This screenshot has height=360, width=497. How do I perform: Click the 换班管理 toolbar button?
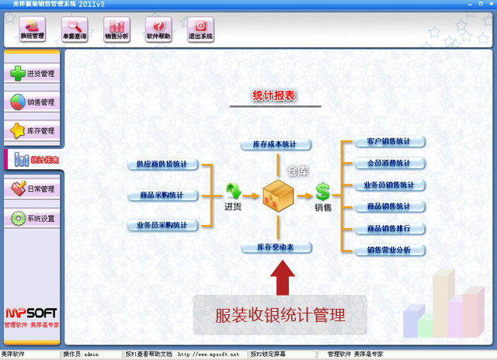[x=33, y=29]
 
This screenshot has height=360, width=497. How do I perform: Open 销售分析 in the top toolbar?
[x=116, y=29]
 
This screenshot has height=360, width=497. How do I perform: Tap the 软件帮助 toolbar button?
[x=158, y=29]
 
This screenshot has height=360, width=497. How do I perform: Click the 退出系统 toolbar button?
[x=200, y=29]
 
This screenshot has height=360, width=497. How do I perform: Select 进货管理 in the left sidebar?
[x=32, y=74]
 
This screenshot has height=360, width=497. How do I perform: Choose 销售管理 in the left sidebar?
[x=32, y=102]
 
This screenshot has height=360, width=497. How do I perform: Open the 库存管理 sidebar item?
[x=32, y=130]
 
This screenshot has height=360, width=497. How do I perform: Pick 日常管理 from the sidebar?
[x=32, y=189]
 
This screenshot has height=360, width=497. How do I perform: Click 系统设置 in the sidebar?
[x=32, y=219]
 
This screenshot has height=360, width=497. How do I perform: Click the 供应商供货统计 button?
[x=162, y=164]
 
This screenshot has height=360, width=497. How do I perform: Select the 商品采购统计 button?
[x=162, y=195]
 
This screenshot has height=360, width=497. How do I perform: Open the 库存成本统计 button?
[x=276, y=144]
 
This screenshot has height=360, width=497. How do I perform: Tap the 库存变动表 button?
[x=276, y=247]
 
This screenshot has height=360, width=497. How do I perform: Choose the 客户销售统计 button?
[x=388, y=142]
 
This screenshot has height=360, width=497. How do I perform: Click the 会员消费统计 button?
[x=388, y=164]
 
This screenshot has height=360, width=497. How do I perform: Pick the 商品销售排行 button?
[x=388, y=229]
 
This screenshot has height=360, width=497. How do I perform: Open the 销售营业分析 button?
[x=388, y=251]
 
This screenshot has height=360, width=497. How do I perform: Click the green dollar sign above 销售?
[x=323, y=191]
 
